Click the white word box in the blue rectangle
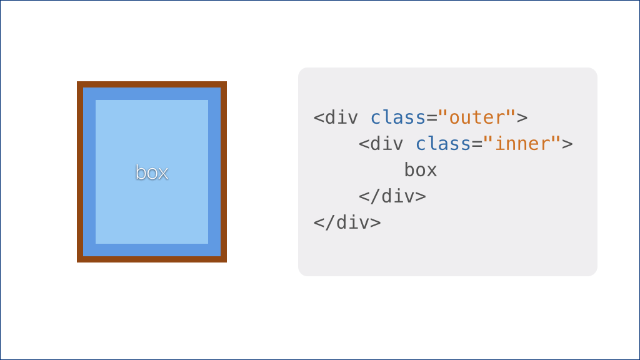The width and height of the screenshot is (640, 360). coord(152,172)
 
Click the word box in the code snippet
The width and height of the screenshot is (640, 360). coord(421,170)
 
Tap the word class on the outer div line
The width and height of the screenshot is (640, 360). coord(398,117)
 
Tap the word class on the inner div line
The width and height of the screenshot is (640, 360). coord(443,144)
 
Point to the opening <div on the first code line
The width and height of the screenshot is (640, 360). coord(336,117)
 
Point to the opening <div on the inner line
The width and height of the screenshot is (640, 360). coord(381,144)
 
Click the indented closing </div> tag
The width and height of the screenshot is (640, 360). coord(392,196)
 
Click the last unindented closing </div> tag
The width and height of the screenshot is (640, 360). coord(347,222)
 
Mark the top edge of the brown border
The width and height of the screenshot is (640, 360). coord(152,84)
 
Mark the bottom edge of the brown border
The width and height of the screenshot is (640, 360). coord(152,259)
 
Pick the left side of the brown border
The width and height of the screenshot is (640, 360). coord(80,172)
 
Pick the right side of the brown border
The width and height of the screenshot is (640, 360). coord(224,172)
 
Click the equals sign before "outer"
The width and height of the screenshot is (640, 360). coord(432,118)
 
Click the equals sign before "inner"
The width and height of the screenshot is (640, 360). coord(477,144)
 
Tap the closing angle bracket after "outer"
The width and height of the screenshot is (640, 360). coord(522,118)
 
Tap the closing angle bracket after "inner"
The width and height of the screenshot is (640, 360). coord(567,144)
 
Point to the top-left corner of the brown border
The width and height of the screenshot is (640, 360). coord(77,82)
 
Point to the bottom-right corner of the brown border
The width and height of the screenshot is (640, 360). coord(226,262)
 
